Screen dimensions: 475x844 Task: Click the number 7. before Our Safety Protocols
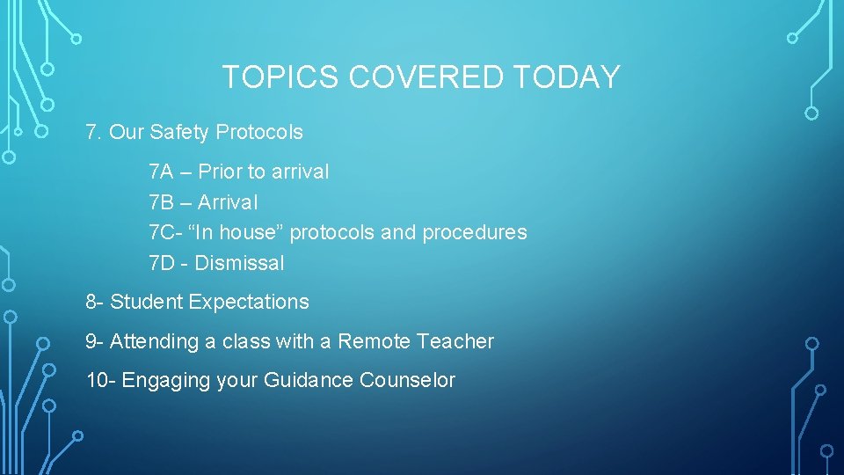pyautogui.click(x=94, y=133)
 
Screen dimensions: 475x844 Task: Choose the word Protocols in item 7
pyautogui.click(x=259, y=133)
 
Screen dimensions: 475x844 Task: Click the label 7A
pyautogui.click(x=162, y=172)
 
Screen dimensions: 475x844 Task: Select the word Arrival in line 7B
pyautogui.click(x=228, y=202)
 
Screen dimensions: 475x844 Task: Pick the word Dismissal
pyautogui.click(x=239, y=263)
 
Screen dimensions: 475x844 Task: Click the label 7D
pyautogui.click(x=163, y=263)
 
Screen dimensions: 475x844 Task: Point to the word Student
pyautogui.click(x=146, y=302)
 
